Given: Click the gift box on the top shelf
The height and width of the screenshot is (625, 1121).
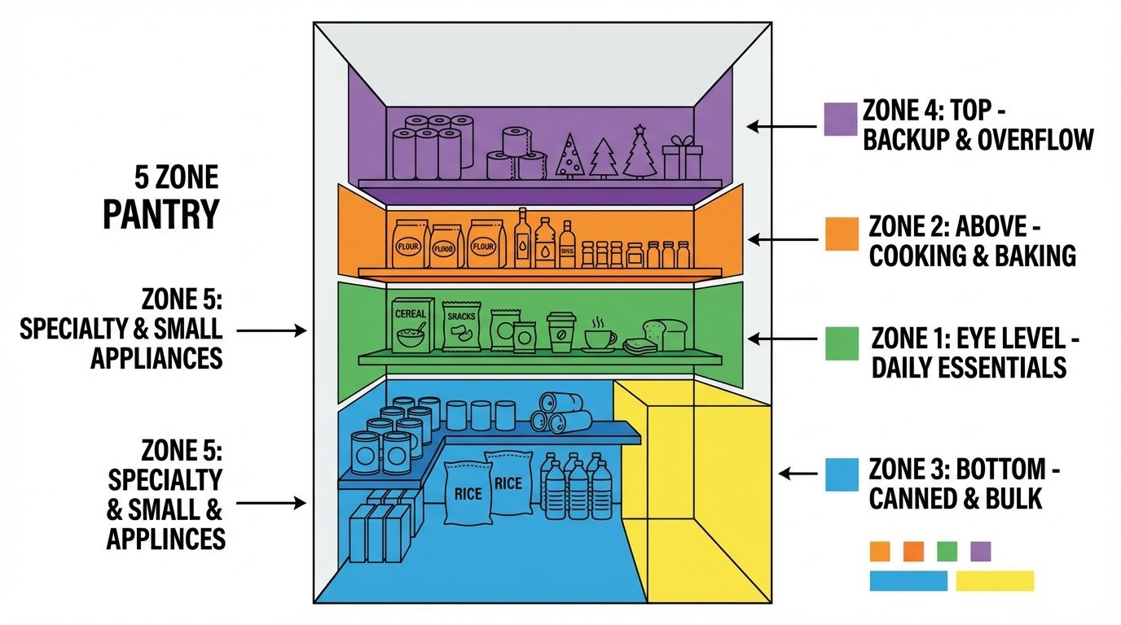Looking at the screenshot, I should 682,159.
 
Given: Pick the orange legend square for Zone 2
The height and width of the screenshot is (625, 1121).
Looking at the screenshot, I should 842,234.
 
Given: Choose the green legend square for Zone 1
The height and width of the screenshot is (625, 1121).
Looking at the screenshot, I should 842,343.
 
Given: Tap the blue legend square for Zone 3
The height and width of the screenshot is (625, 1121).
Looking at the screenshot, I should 842,474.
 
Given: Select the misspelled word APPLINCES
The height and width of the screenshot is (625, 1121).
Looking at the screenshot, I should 166,539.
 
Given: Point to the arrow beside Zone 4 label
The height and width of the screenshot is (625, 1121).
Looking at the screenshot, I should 782,126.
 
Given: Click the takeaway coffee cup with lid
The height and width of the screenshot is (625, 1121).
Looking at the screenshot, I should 560,332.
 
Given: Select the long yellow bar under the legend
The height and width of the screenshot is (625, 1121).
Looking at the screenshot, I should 994,580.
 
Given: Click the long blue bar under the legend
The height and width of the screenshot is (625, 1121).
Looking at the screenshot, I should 908,580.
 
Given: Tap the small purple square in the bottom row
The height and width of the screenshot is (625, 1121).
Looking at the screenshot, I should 981,552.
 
